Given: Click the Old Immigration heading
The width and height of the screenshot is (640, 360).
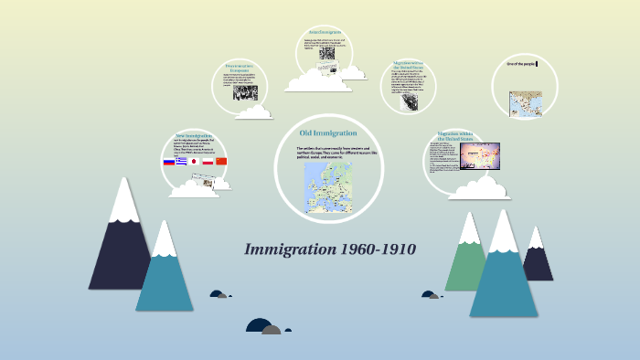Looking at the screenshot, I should tap(327, 133).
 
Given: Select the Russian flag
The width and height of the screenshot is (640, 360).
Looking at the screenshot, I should tap(168, 162).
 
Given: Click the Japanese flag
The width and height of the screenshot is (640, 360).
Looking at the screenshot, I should tap(194, 162).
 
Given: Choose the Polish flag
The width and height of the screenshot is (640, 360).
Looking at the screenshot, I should tap(208, 162).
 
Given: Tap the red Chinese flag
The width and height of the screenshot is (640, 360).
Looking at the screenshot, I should tap(221, 162).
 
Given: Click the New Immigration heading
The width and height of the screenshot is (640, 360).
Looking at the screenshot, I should tap(194, 136).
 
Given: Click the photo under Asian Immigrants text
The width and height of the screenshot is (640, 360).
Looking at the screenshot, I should tap(326, 53).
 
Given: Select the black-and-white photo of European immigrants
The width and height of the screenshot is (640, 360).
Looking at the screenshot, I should tap(245, 91).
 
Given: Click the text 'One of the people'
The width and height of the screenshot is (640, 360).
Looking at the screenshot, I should tap(525, 64).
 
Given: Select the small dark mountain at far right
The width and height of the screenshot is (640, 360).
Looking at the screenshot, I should tap(538, 260).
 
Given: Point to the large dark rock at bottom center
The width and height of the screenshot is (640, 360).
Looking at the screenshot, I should tap(260, 326).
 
